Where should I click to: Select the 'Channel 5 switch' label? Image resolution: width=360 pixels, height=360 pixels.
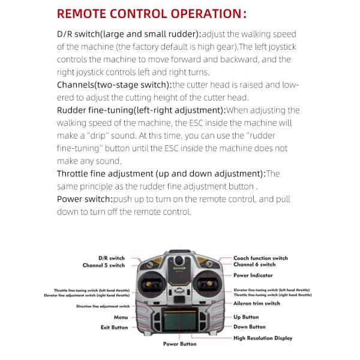tap(104, 265)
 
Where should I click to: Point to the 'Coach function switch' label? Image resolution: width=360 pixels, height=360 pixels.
tap(260, 258)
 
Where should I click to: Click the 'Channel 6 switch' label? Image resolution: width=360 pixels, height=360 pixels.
tap(254, 265)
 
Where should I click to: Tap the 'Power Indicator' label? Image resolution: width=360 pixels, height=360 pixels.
tap(253, 275)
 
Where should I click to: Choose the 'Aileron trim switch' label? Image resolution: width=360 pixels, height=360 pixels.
tap(257, 304)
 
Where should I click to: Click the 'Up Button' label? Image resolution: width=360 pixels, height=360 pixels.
tap(246, 317)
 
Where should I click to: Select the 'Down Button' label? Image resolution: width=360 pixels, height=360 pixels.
tap(249, 327)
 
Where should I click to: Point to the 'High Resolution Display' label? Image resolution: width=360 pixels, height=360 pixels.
tap(263, 338)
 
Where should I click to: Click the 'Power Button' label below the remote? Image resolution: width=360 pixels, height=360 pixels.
tap(179, 344)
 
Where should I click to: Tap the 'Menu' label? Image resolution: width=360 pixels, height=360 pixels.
tap(121, 317)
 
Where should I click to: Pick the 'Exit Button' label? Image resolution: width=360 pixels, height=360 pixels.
tap(114, 328)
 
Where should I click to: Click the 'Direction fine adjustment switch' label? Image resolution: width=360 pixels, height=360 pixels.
tap(103, 306)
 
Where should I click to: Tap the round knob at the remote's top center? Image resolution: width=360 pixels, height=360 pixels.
tap(179, 260)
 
